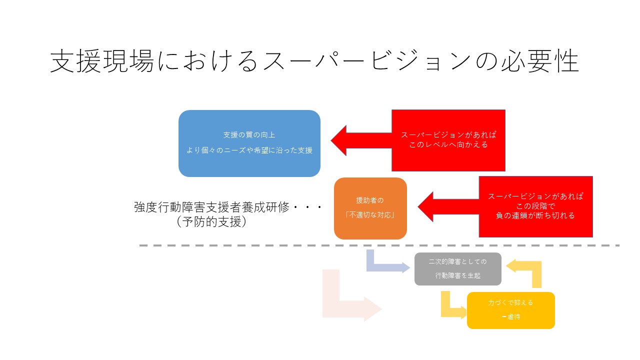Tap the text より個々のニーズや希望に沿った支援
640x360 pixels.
point(249,150)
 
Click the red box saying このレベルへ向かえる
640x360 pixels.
point(448,140)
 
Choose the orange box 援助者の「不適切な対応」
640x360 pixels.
point(370,208)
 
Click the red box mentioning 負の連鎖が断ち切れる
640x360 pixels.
point(535,206)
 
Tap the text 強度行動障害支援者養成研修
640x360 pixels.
point(212,207)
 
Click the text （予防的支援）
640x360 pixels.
point(212,222)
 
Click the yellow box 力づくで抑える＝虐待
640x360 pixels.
point(510,310)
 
